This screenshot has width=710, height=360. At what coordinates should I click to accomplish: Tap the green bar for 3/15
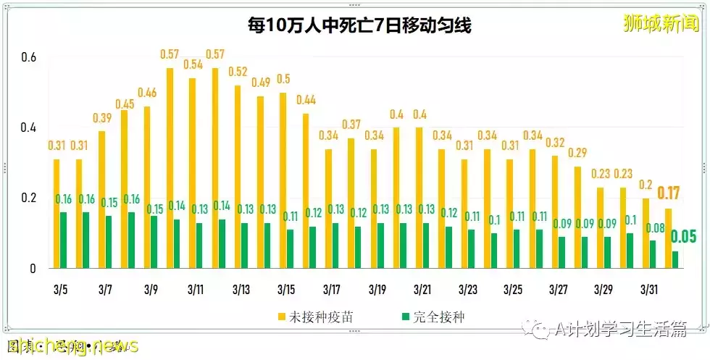pos(291,248)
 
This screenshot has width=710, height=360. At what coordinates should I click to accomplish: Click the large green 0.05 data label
pos(684,237)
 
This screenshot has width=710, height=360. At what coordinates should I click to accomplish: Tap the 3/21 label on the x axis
pos(422,289)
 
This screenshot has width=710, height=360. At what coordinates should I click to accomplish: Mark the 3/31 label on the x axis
pos(648,289)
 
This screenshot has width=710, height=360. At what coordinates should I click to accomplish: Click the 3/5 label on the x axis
pos(61,289)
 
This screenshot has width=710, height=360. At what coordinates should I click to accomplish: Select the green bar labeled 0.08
pos(653,254)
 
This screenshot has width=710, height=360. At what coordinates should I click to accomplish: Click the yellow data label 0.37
pos(351,125)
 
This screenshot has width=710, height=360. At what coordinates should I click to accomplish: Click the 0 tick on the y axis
pos(33,268)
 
